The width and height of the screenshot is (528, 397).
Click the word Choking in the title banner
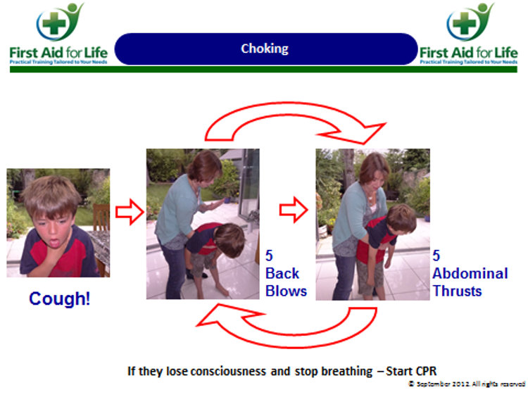pos(265,49)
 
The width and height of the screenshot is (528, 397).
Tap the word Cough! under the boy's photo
pos(60,298)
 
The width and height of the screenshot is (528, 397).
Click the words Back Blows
pos(286,282)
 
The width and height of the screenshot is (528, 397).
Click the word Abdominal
pos(470,273)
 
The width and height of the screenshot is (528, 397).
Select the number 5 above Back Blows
pos(270,256)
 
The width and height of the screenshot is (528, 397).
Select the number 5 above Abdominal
pos(436,256)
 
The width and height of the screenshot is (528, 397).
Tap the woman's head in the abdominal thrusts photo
pos(374,168)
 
